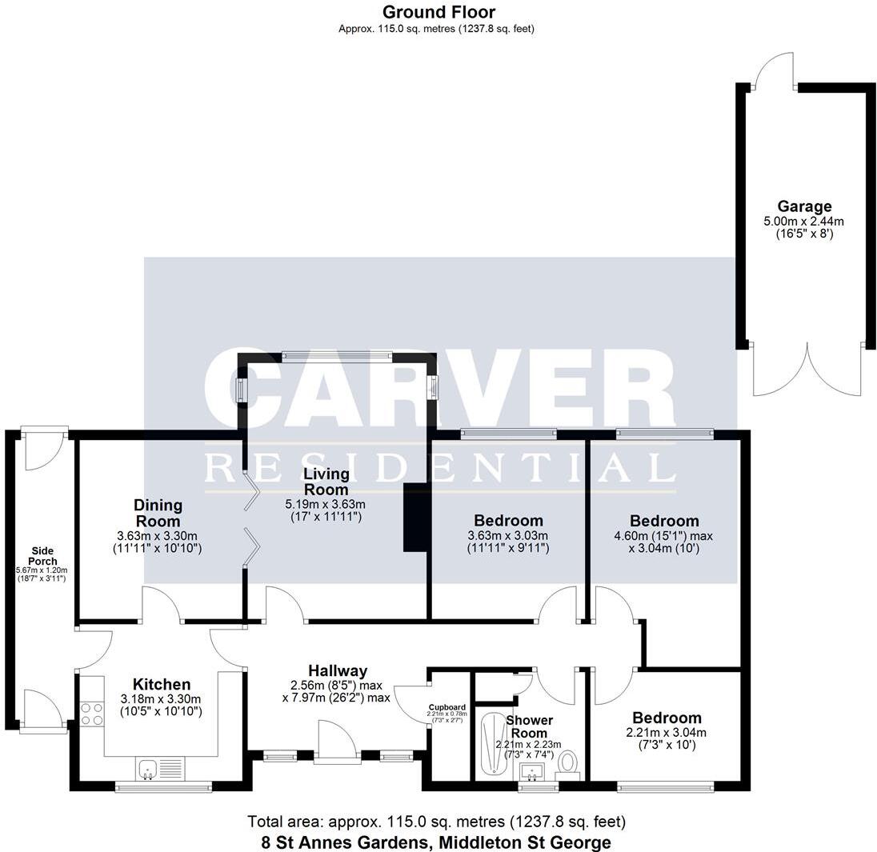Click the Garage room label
(804, 206)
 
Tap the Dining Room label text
(158, 513)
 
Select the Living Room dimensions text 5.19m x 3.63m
(325, 505)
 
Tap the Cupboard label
(447, 707)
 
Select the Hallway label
(338, 670)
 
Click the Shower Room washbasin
(531, 772)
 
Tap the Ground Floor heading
(438, 12)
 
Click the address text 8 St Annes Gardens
(436, 842)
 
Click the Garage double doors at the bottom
(808, 370)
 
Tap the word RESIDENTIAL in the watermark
(439, 469)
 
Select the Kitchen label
(162, 684)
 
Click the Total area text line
(436, 822)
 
